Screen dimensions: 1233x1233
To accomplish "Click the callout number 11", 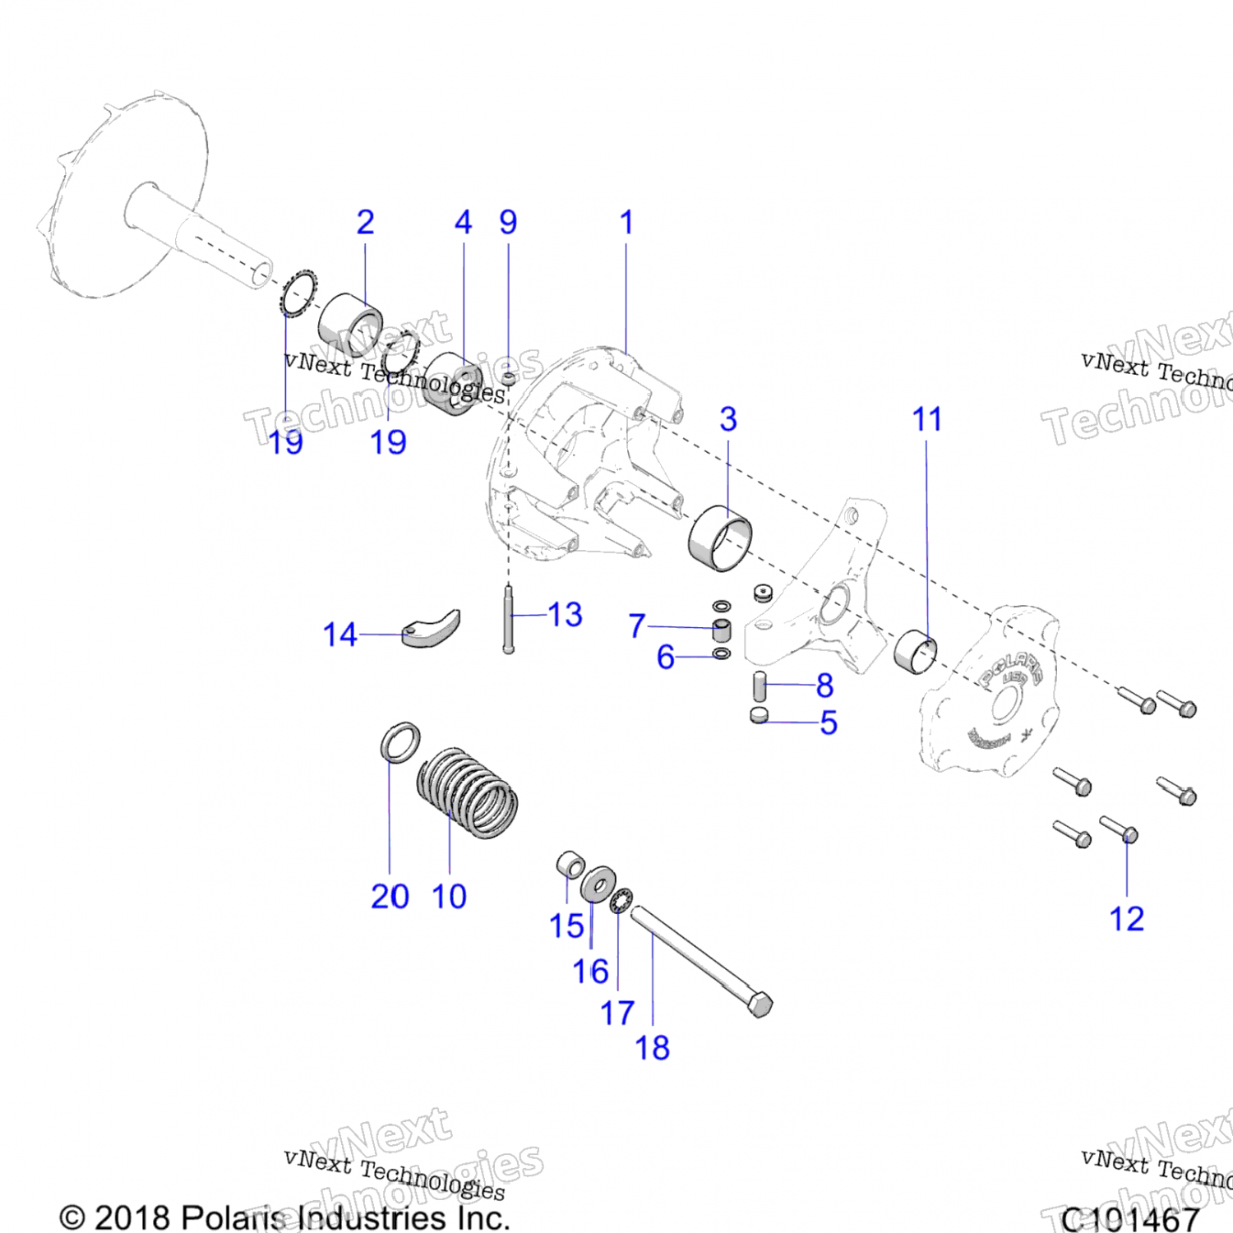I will [x=926, y=420].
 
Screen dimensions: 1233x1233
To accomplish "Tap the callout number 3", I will [x=728, y=419].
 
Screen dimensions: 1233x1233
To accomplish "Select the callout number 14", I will [x=339, y=635].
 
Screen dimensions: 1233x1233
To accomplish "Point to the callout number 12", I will [x=1126, y=919].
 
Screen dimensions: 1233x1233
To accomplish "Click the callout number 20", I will [x=390, y=897].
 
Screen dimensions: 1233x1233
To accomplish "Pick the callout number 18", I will [x=652, y=1048].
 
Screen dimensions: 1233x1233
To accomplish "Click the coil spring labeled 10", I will [x=467, y=792].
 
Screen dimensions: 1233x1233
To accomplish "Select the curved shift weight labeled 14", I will [x=432, y=629].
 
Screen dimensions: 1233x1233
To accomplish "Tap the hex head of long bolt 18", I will [x=761, y=1005].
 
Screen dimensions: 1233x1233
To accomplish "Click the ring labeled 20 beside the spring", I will [x=400, y=742].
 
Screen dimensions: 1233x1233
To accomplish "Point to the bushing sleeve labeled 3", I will [x=720, y=538].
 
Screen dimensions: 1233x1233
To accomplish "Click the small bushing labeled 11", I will [x=915, y=652].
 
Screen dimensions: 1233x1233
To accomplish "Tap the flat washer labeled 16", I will [x=598, y=884].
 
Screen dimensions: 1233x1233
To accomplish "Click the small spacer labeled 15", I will [x=570, y=865].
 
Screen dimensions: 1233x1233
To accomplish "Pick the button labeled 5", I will [x=760, y=715].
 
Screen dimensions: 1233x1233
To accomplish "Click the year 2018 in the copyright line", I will [x=132, y=1217].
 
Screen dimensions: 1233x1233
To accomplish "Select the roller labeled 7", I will [x=721, y=631].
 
